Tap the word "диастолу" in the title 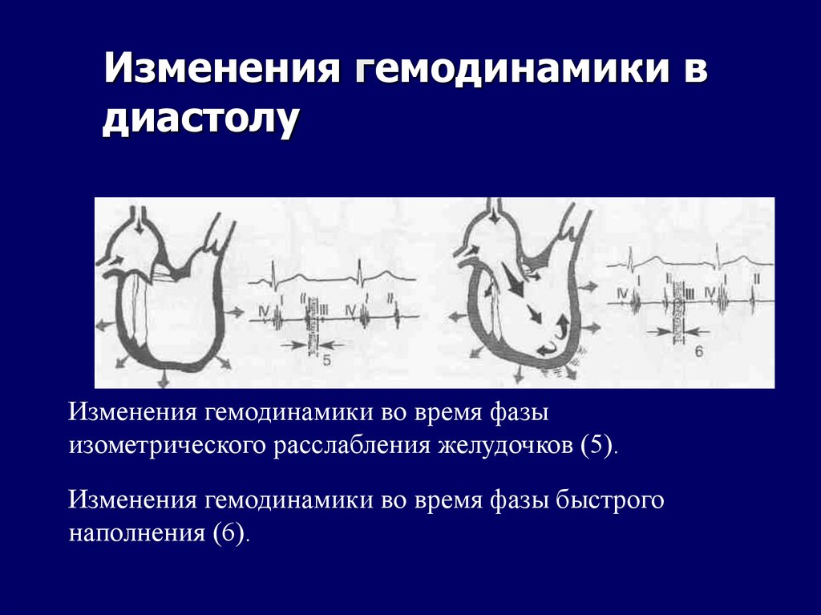[201, 119]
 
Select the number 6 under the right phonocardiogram [698, 350]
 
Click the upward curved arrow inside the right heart [562, 326]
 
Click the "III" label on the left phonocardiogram [321, 308]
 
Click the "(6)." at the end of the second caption [232, 534]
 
